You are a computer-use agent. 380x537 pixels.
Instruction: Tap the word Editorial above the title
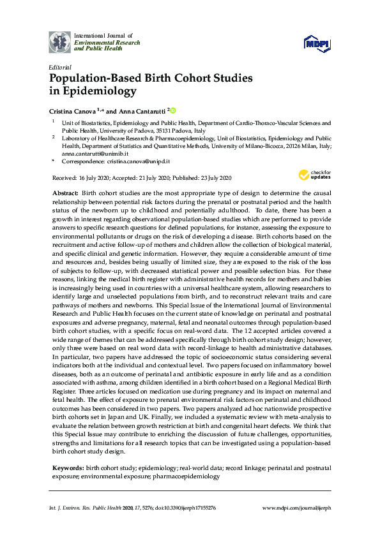coord(60,66)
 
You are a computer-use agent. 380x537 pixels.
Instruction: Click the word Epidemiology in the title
coord(98,91)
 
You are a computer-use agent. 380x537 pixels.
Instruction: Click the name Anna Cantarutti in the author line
coord(139,109)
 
